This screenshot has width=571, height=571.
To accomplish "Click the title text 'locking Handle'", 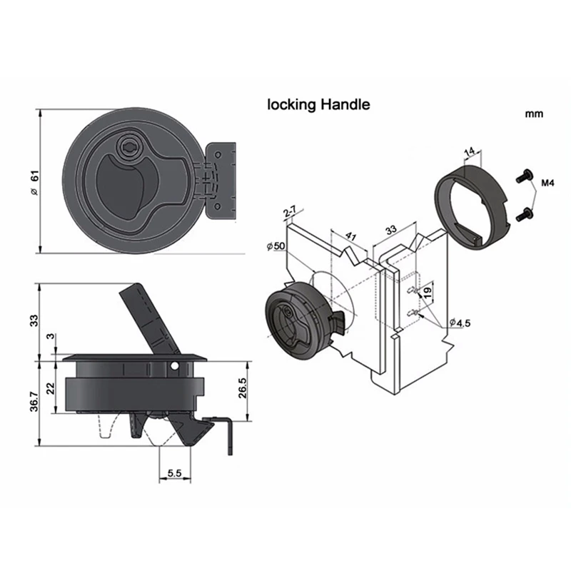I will [318, 104].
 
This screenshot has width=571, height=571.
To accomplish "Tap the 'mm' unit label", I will [534, 113].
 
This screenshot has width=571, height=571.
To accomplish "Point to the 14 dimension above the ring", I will [469, 151].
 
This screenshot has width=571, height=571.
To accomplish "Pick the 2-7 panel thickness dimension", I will [289, 212].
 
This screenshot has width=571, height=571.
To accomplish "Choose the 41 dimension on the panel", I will [350, 236].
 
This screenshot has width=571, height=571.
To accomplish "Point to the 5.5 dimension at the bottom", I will [173, 472].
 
